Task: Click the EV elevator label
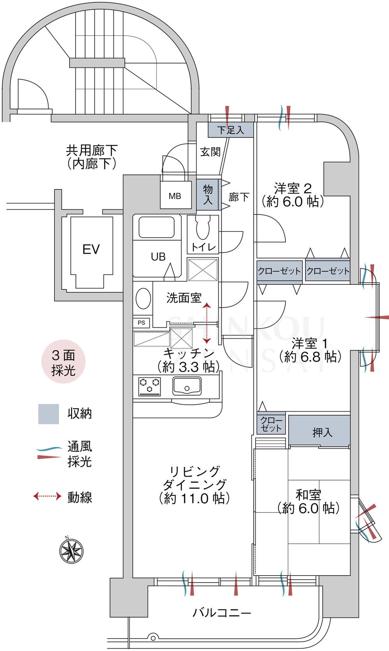click(91, 249)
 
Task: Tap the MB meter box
click(175, 196)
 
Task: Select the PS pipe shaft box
click(141, 322)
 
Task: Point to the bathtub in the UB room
click(157, 227)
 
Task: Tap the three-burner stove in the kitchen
click(149, 386)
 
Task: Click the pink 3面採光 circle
click(63, 363)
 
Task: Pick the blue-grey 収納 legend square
click(49, 414)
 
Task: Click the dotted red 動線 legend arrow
click(47, 496)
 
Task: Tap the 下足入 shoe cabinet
click(230, 130)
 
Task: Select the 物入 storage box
click(208, 194)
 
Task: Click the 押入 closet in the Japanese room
click(319, 432)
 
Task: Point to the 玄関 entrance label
click(210, 152)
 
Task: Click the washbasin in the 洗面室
click(143, 298)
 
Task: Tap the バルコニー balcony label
click(222, 613)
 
